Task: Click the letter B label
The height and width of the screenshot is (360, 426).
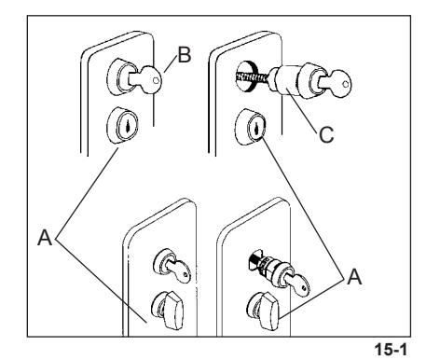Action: (x=185, y=55)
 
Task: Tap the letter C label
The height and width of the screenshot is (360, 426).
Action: (x=326, y=134)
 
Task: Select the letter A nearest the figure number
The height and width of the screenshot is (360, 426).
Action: (x=354, y=277)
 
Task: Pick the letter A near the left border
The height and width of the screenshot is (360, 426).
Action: (x=45, y=238)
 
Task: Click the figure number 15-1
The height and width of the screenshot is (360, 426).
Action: (x=391, y=350)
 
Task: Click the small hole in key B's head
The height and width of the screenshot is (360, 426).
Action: (x=156, y=80)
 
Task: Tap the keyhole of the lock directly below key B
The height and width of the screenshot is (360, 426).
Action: (x=128, y=126)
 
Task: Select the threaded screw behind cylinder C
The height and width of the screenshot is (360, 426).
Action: (x=253, y=76)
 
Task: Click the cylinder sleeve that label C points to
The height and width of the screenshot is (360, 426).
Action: (x=287, y=80)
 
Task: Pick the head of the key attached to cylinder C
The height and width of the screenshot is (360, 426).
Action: (x=341, y=83)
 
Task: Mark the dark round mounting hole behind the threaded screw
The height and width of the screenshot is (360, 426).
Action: (x=247, y=76)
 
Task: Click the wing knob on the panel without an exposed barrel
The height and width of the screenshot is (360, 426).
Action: (x=169, y=311)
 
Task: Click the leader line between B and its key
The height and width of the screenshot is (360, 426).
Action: (x=171, y=64)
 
